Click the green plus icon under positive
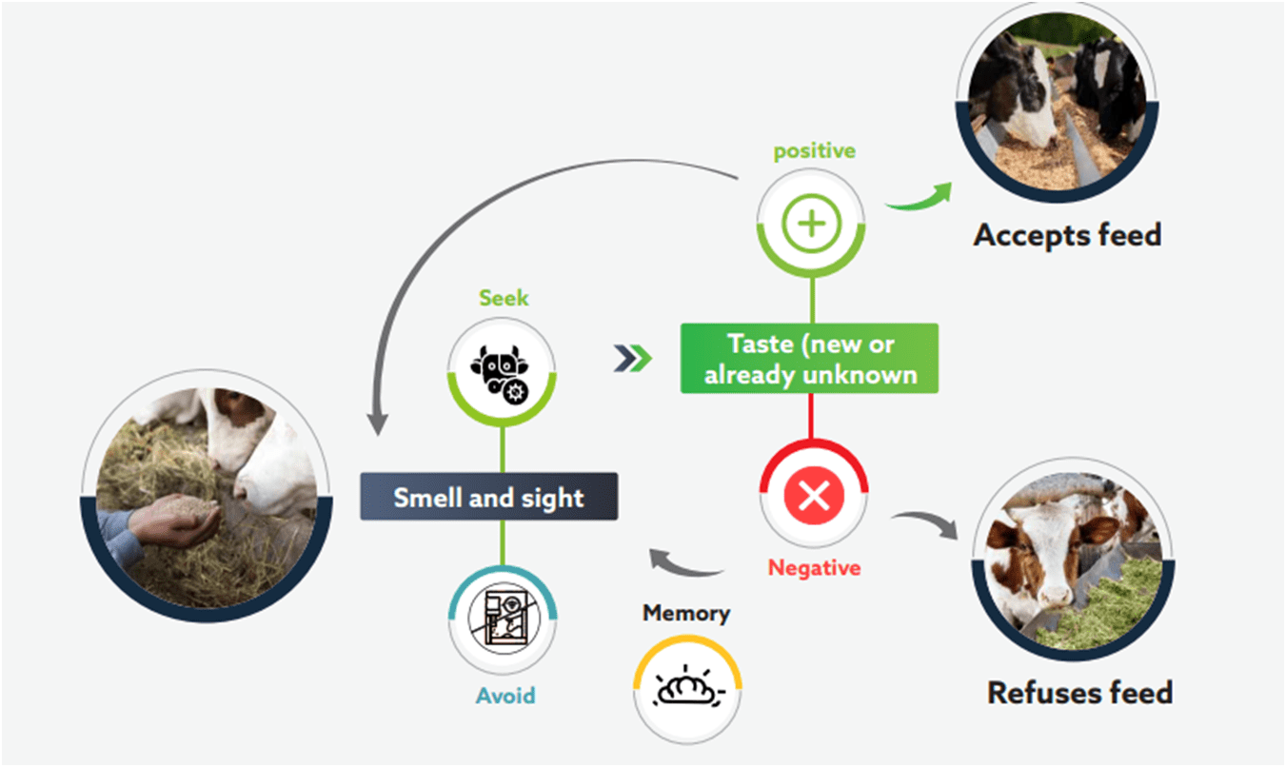(811, 225)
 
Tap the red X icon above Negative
(813, 496)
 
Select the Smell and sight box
(488, 497)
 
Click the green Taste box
(809, 359)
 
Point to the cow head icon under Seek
(502, 368)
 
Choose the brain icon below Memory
(687, 689)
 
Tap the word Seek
(503, 298)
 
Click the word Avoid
(505, 696)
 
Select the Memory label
(685, 614)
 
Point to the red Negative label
(814, 568)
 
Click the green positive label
(814, 150)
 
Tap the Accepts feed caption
(1067, 234)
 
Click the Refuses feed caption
(1079, 692)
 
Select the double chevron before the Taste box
(633, 358)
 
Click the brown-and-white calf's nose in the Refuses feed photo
(1049, 597)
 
